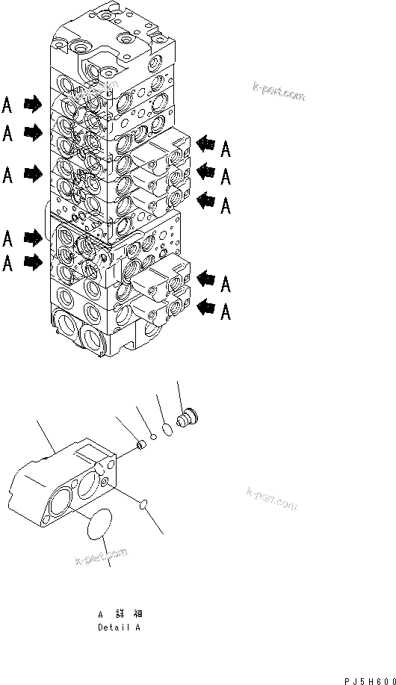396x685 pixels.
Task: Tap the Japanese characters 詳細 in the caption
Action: point(123,614)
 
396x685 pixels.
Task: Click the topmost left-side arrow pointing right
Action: point(33,103)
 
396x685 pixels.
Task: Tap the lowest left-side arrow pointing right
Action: point(33,262)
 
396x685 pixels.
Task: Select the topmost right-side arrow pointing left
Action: point(205,143)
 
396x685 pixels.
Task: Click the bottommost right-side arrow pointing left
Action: point(205,306)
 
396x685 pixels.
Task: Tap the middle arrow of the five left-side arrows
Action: point(33,174)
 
